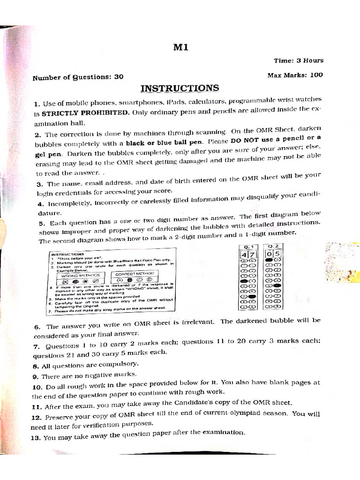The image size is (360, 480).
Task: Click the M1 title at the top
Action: tap(180, 47)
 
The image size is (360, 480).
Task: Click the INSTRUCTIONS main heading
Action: tap(180, 88)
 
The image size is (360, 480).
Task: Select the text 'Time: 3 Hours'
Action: tap(299, 60)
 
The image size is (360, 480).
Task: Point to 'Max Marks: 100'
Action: tap(295, 75)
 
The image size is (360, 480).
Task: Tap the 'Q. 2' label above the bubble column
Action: tap(273, 246)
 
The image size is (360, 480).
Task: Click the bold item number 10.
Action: tap(37, 388)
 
